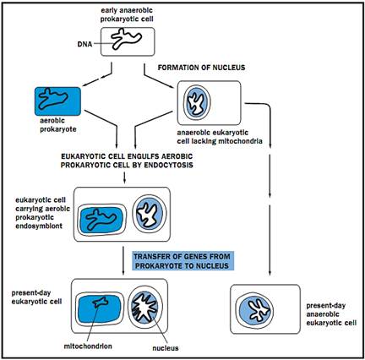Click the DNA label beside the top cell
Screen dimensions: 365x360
(84, 44)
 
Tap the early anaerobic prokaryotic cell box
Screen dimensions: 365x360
(128, 41)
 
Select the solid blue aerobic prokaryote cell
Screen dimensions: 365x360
(57, 101)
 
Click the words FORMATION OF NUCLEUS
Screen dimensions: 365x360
(201, 68)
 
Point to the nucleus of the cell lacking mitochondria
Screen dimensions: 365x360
(197, 102)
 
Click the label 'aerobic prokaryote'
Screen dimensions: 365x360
(58, 125)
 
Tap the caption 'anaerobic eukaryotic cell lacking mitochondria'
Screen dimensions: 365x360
(220, 137)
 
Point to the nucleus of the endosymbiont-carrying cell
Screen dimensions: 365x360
(150, 215)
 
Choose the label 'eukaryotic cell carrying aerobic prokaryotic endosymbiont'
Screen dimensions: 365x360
(42, 213)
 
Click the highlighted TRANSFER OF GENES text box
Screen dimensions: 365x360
(183, 261)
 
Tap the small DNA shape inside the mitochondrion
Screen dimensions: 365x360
(101, 303)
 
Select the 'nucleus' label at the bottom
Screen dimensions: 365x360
(166, 348)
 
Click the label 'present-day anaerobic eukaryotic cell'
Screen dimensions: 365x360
(331, 314)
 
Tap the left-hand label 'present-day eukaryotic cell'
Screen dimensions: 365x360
(36, 297)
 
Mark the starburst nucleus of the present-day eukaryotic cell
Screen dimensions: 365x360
(144, 307)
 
